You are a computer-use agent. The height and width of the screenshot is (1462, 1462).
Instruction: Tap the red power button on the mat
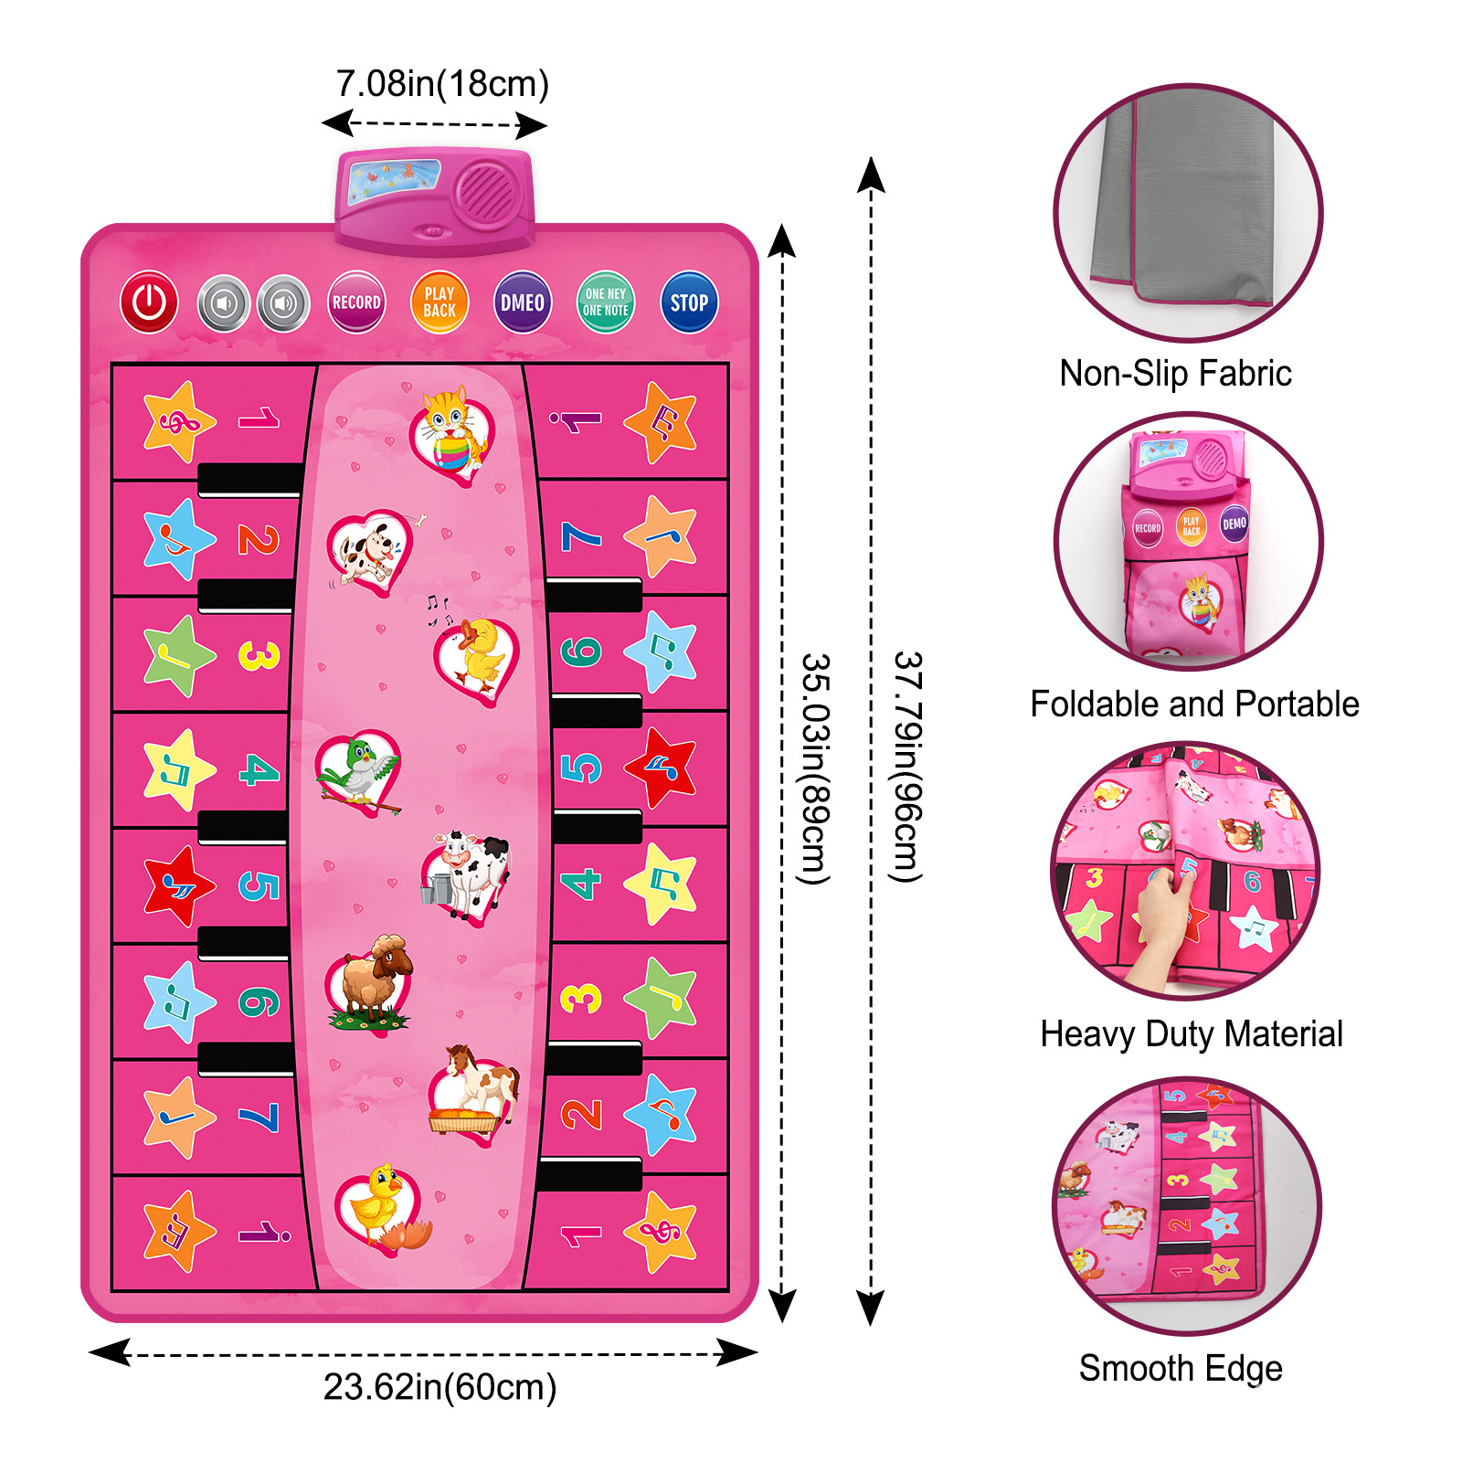149,302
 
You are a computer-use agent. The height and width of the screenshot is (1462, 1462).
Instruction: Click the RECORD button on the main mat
356,302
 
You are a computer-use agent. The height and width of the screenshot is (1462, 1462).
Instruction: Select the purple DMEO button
522,302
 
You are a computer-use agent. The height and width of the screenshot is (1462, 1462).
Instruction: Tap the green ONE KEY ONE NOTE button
605,302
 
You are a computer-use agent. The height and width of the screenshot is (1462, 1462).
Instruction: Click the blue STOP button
688,302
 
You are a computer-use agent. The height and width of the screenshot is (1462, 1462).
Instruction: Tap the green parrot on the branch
358,772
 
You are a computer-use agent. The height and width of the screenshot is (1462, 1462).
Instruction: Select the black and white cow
469,873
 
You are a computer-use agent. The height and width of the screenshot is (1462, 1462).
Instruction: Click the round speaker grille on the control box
486,193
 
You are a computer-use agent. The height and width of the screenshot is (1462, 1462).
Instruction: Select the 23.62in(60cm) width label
440,1387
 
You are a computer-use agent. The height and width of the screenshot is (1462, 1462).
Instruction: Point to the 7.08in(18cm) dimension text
442,84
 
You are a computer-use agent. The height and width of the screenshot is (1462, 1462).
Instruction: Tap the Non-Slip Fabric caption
1175,374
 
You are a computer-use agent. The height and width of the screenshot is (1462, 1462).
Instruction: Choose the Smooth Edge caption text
1181,1369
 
